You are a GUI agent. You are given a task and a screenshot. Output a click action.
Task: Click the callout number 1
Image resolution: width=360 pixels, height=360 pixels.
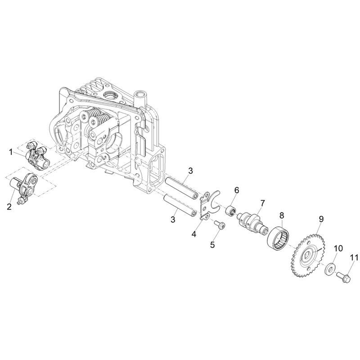coord(10,152)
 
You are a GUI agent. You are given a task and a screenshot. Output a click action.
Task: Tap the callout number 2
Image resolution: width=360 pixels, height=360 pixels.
coord(9,207)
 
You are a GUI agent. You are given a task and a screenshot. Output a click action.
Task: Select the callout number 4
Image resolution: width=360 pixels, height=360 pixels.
coord(194,234)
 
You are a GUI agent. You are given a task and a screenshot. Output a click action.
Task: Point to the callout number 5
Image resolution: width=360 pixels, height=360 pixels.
coord(212,245)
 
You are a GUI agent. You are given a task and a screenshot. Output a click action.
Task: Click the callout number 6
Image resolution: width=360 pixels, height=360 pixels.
coord(237,190)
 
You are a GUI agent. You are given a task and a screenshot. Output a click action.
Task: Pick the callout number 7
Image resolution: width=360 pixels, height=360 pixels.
coord(262,203)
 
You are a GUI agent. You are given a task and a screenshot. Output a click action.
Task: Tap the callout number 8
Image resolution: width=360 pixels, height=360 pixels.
coord(282,216)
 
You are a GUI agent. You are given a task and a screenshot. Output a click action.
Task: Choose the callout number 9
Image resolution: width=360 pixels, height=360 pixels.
coord(321,219)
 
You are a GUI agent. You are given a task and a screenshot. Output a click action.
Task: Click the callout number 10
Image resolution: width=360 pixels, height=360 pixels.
coord(338,248)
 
